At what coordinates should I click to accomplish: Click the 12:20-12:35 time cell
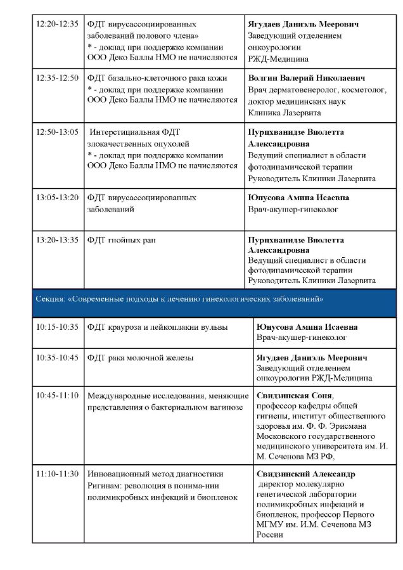58,24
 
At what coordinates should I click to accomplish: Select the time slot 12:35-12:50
58,78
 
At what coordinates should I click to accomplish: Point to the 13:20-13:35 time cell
58,240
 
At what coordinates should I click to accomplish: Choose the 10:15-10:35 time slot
58,327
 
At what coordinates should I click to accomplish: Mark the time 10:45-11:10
58,395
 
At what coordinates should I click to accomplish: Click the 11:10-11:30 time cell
58,474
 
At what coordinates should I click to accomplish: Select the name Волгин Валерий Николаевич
307,78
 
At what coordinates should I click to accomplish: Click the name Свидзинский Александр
306,474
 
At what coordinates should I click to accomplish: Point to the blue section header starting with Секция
181,298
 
